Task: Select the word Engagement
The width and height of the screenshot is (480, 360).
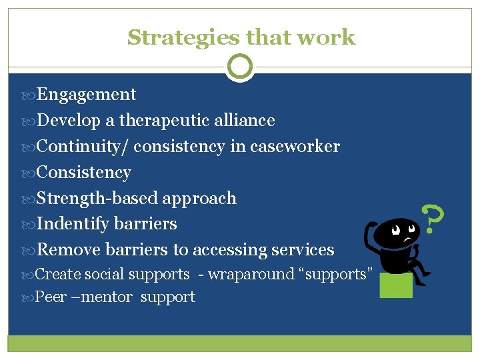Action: [86, 95]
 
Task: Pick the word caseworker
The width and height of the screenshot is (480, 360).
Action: [295, 147]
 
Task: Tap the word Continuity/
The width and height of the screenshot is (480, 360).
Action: [83, 147]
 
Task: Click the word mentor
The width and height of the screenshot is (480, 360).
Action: [106, 297]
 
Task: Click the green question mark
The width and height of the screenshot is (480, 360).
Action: [433, 219]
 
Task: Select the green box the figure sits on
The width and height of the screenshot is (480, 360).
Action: [396, 285]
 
